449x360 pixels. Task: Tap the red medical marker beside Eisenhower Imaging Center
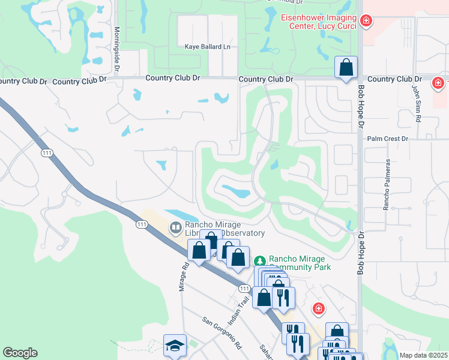(x=366, y=22)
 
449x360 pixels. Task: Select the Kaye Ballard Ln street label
(x=207, y=46)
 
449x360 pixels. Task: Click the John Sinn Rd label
(x=415, y=103)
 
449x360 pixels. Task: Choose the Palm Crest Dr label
(x=387, y=139)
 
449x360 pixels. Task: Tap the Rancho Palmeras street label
(x=387, y=184)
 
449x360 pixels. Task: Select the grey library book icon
(x=175, y=227)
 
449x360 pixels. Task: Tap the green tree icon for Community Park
(x=259, y=261)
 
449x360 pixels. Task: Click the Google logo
(x=20, y=353)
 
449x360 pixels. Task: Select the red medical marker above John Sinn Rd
(x=438, y=83)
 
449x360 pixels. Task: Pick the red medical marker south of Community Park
(x=319, y=308)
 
